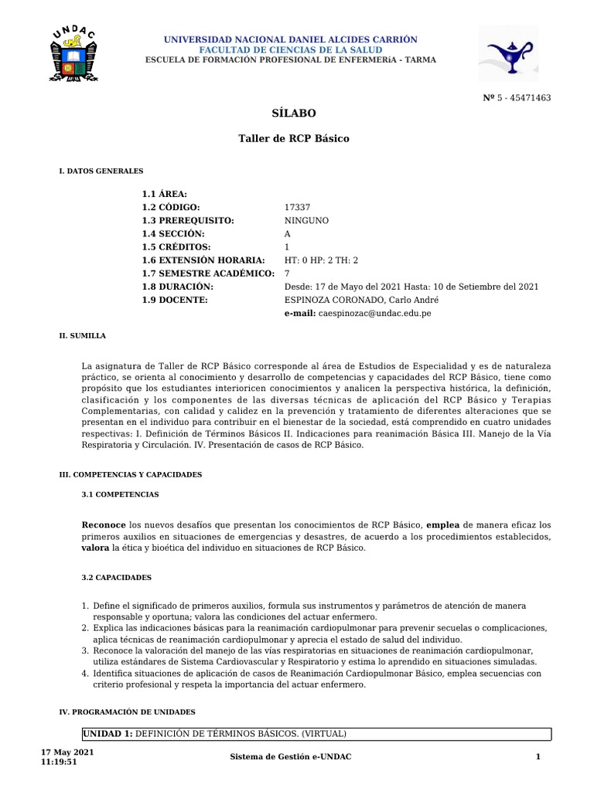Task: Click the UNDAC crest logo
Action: coord(73,56)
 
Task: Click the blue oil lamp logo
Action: coord(507,53)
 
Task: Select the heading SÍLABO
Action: coord(294,113)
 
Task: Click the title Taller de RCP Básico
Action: coord(293,138)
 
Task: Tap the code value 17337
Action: coord(298,207)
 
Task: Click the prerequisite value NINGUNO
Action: coord(306,220)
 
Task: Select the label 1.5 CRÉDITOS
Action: coord(176,246)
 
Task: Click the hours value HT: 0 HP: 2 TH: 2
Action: coord(322,260)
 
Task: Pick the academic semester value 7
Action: coord(288,273)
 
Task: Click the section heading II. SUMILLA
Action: coord(83,336)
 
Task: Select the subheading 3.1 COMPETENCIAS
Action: coord(120,494)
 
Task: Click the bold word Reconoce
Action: coord(104,525)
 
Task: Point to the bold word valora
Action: coord(95,548)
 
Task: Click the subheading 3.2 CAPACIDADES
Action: coord(118,577)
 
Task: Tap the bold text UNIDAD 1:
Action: coord(108,734)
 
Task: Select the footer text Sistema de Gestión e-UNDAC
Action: coord(291,756)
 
